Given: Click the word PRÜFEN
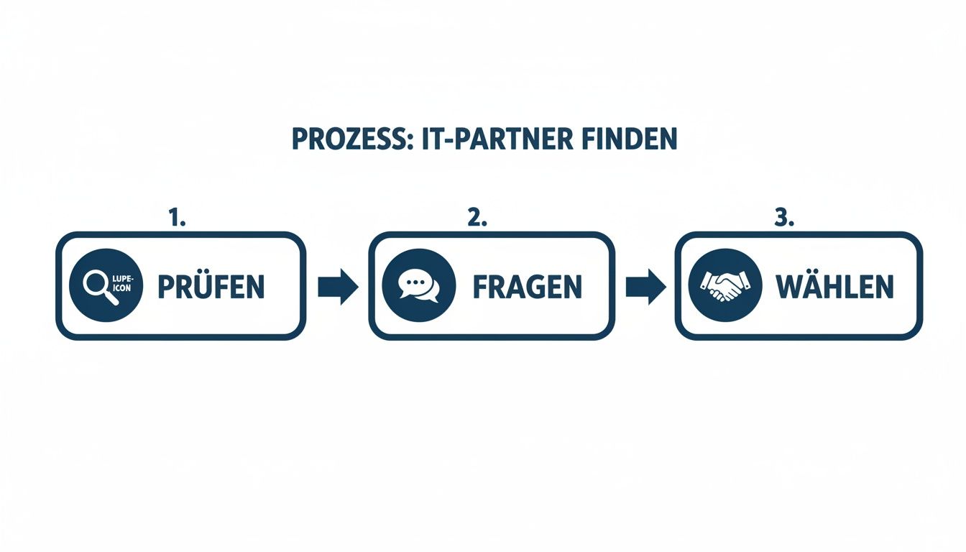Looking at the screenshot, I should [x=211, y=287].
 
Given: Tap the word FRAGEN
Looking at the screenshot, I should [x=527, y=287].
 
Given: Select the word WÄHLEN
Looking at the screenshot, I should [x=834, y=287].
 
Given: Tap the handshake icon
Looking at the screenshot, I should [x=724, y=286].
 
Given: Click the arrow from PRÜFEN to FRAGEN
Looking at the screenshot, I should [x=338, y=286].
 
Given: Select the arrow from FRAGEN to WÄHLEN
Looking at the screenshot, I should [x=644, y=286].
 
